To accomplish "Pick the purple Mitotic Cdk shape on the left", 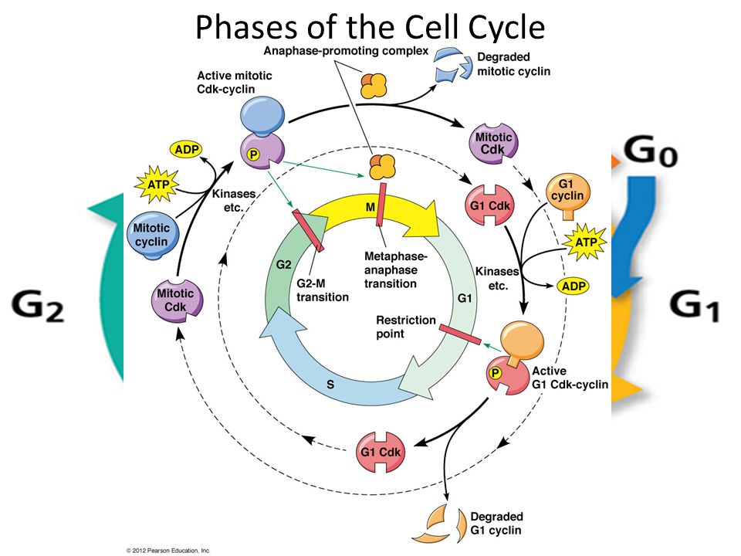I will [x=175, y=300].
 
